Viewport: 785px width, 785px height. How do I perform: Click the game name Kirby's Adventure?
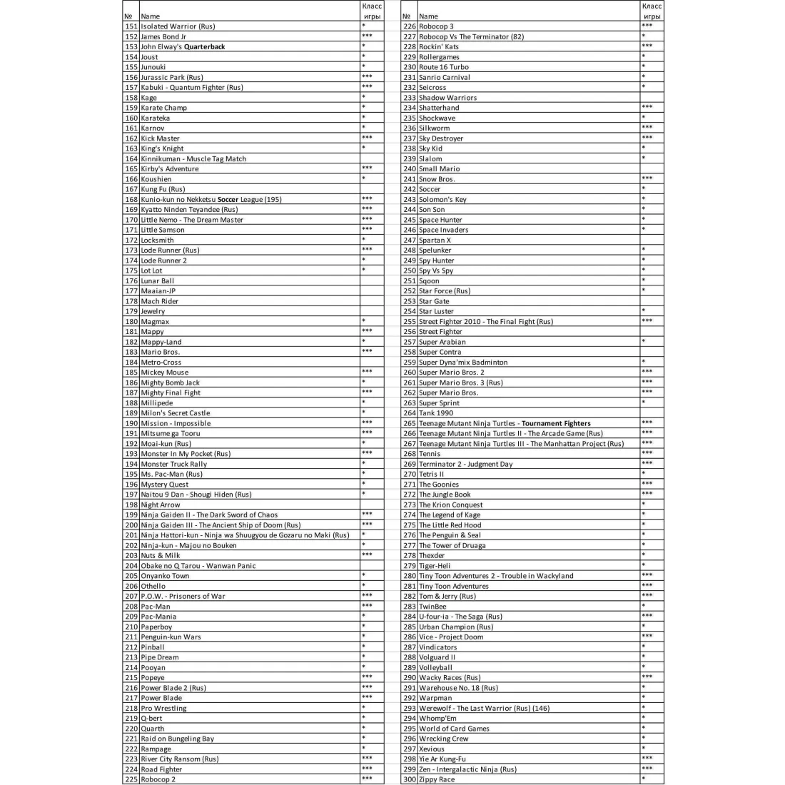[x=170, y=169]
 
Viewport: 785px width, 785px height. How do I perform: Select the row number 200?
[x=131, y=525]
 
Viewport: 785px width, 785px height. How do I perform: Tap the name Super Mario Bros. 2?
[x=451, y=373]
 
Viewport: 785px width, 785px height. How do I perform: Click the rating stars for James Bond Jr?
[x=367, y=36]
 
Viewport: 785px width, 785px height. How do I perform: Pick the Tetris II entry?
[x=431, y=474]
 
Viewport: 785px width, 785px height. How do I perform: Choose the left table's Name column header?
[x=151, y=16]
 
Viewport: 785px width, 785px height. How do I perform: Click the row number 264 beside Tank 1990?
[x=410, y=413]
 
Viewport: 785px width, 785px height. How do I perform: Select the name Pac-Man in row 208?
[x=156, y=607]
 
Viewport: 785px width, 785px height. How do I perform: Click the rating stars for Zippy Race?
[x=644, y=779]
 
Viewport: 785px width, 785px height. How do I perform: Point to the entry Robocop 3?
[x=436, y=26]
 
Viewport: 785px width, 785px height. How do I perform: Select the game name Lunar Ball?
[x=157, y=281]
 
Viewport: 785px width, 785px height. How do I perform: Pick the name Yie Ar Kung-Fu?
[x=442, y=759]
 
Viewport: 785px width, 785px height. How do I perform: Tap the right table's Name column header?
[x=429, y=16]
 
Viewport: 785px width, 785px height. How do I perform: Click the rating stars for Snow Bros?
[x=647, y=179]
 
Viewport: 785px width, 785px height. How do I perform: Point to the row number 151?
[x=131, y=26]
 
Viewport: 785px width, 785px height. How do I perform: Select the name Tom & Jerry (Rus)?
[x=447, y=597]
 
